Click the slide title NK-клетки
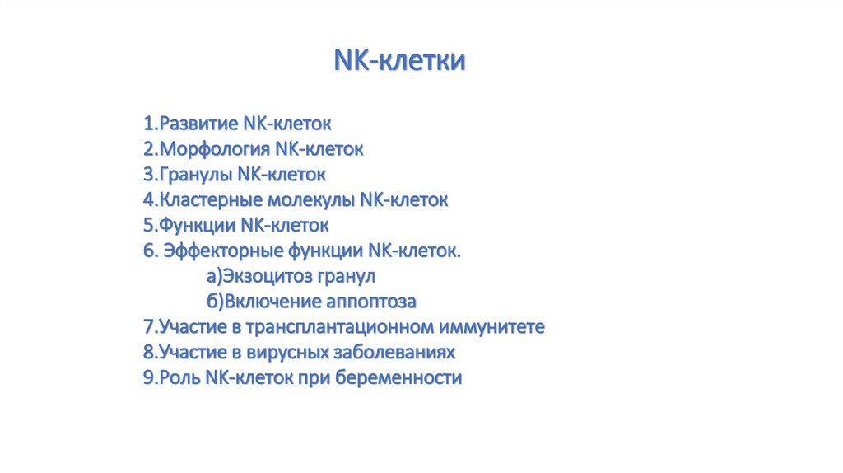[399, 59]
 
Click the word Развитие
[198, 124]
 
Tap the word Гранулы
[196, 175]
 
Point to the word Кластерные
[211, 200]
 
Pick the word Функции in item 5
[198, 226]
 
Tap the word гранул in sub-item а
[347, 277]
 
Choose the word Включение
[272, 302]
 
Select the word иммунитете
[492, 326]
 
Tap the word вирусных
[287, 353]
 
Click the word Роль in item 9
[179, 377]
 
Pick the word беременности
[398, 377]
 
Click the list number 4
[149, 200]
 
